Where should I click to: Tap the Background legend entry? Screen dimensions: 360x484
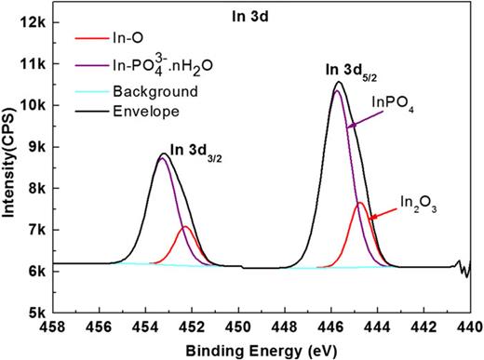coord(149,92)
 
